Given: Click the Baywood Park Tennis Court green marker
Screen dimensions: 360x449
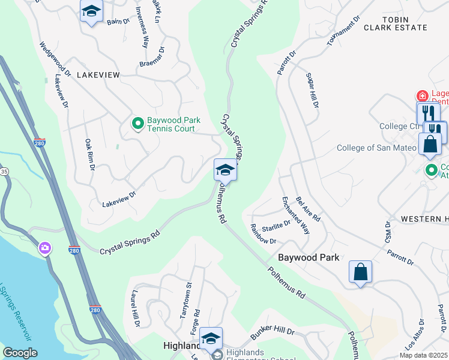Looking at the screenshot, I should [x=137, y=124].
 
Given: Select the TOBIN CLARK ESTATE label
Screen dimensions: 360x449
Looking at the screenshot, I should [x=403, y=23].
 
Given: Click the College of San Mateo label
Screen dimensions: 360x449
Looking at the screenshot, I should [x=376, y=148].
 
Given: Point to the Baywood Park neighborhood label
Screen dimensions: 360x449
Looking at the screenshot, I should [x=309, y=257].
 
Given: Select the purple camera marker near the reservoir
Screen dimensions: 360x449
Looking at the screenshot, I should [x=44, y=248].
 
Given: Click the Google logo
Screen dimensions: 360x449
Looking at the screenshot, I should [x=20, y=353].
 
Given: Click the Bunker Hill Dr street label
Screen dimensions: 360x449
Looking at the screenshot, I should [x=273, y=331].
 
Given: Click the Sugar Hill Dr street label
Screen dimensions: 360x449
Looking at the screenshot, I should [x=312, y=90].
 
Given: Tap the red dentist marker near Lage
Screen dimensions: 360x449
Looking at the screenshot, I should [x=422, y=95].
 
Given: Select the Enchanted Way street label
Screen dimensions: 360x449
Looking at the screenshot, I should [x=295, y=214].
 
